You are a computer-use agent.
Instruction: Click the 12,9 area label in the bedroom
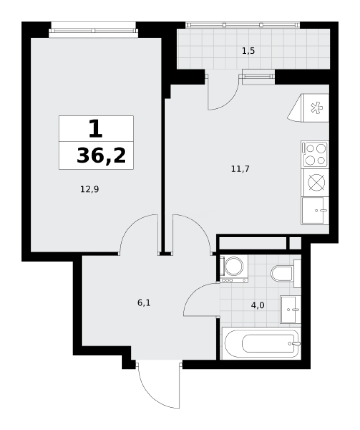[90, 190]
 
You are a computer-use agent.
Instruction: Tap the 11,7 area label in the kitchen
[240, 169]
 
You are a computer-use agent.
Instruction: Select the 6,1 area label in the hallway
[144, 303]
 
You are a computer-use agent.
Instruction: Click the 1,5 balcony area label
[248, 51]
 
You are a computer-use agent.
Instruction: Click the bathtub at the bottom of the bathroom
[261, 343]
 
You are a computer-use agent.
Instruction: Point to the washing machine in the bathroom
[234, 268]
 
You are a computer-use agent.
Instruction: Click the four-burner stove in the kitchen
[315, 154]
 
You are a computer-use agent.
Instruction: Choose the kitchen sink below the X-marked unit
[315, 211]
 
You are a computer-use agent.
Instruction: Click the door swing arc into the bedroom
[137, 233]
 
